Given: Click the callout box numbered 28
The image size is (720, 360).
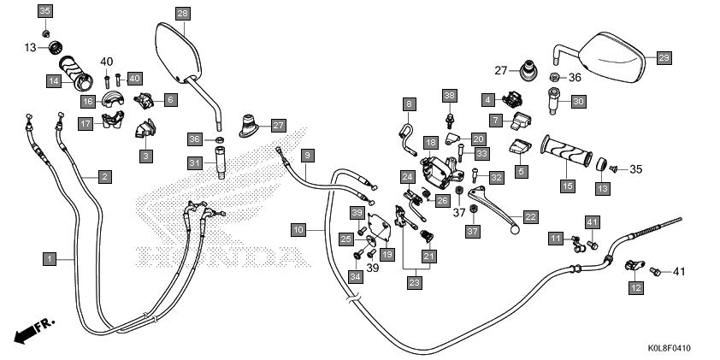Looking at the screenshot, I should (183, 13).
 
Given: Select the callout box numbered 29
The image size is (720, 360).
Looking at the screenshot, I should (664, 57).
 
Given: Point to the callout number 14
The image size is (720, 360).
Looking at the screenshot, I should (53, 81).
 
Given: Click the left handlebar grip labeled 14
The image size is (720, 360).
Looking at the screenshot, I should (76, 74).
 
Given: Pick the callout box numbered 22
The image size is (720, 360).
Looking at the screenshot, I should (531, 217).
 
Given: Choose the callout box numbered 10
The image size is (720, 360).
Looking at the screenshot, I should (298, 230).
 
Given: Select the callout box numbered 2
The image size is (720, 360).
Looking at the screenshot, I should (103, 177).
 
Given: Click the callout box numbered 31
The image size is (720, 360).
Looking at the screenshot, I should (195, 162).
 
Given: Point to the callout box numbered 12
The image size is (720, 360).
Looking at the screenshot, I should (635, 288).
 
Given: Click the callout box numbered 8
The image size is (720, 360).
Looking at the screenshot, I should (409, 104).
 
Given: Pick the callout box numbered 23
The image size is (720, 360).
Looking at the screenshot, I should (414, 282).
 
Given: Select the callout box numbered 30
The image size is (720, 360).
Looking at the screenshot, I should (578, 102).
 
